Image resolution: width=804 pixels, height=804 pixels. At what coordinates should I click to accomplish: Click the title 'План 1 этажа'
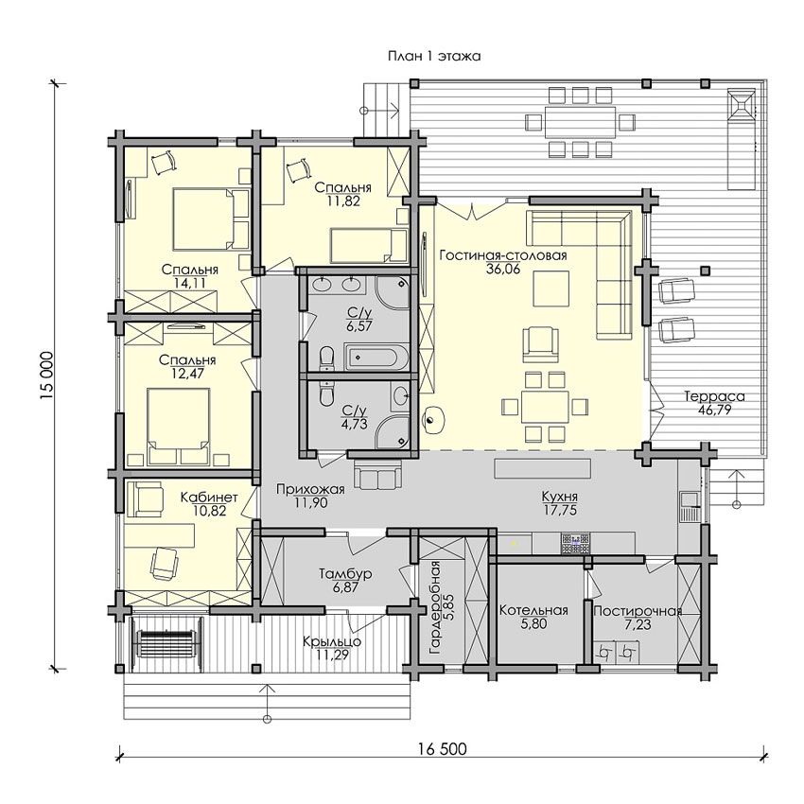tap(434, 57)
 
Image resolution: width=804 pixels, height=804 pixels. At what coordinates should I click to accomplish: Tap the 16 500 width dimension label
tap(442, 748)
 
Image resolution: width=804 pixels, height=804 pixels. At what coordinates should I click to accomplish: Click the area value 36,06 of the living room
tap(503, 269)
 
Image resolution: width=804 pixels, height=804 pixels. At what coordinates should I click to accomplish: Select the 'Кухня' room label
tap(560, 497)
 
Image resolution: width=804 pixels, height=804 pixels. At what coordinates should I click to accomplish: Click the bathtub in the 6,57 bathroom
tap(377, 358)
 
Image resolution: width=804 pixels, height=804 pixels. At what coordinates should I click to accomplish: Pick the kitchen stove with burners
tap(576, 543)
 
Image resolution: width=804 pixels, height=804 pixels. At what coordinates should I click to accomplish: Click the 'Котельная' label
tap(533, 610)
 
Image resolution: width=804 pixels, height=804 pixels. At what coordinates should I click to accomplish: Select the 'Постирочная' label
tap(638, 611)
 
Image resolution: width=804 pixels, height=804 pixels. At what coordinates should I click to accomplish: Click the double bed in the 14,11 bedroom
tap(211, 218)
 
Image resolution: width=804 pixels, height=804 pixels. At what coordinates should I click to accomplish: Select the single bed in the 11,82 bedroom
tap(368, 244)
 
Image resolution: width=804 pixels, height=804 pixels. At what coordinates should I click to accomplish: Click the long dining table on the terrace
tap(580, 121)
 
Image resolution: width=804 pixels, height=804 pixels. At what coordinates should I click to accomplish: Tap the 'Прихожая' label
tap(310, 490)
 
